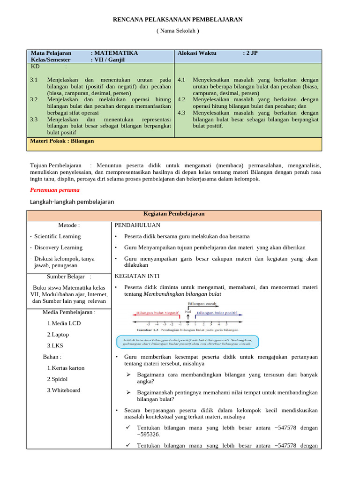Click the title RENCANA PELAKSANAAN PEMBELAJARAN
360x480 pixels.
[x=178, y=19]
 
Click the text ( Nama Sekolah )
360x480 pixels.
[x=178, y=30]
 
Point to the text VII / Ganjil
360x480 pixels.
[x=110, y=60]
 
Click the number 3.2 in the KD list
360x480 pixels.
[x=34, y=99]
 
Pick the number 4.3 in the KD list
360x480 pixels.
[x=182, y=112]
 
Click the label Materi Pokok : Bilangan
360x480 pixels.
[x=62, y=141]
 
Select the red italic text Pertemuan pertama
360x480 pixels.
[x=55, y=190]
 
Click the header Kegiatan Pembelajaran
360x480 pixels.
[x=174, y=213]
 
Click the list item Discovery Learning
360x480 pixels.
[x=58, y=247]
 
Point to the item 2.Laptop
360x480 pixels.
[x=58, y=334]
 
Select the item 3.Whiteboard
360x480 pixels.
[x=63, y=390]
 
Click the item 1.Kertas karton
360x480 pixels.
[x=66, y=368]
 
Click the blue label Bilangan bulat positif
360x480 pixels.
[x=217, y=313]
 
